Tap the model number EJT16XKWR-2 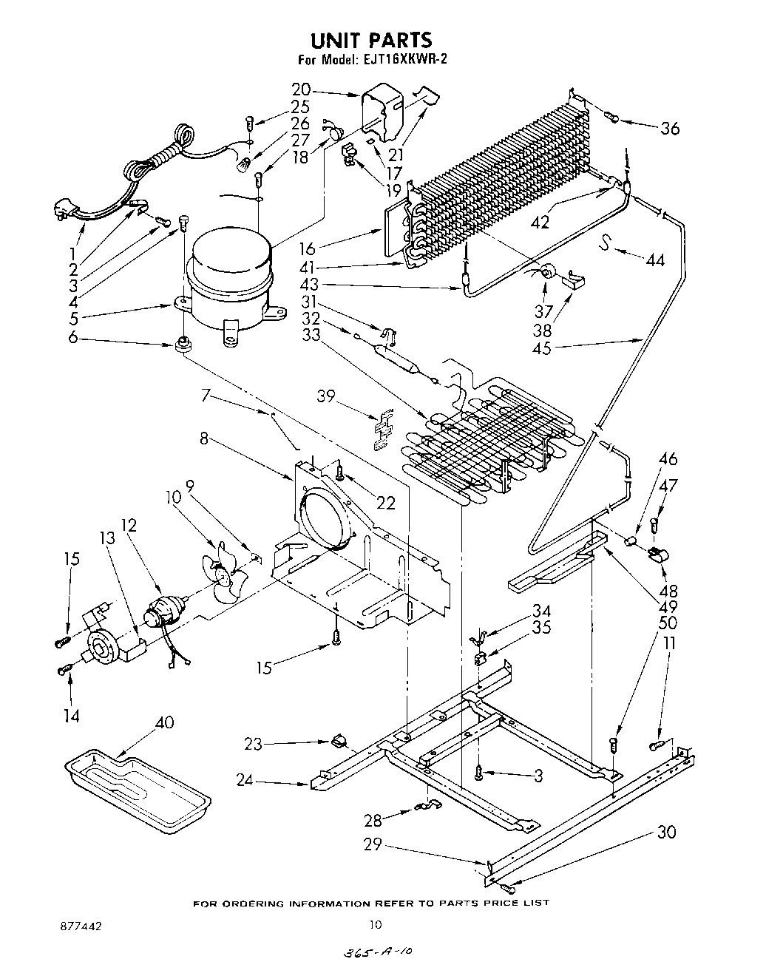pyautogui.click(x=406, y=61)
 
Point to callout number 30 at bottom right pyautogui.click(x=666, y=832)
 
